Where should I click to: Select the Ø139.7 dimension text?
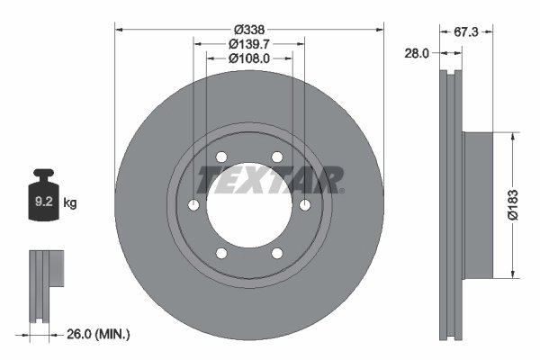[249, 43]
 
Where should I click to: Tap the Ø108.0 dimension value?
[249, 58]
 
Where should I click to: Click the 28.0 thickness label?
[416, 53]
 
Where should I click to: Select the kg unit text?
[70, 203]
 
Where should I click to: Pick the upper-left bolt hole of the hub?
[221, 157]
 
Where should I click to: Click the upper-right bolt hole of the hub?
[277, 157]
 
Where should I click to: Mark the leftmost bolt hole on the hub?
[193, 206]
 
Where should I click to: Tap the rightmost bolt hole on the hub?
[305, 206]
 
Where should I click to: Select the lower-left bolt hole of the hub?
[221, 254]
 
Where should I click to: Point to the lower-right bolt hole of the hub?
[277, 254]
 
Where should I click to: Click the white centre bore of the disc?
[249, 216]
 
